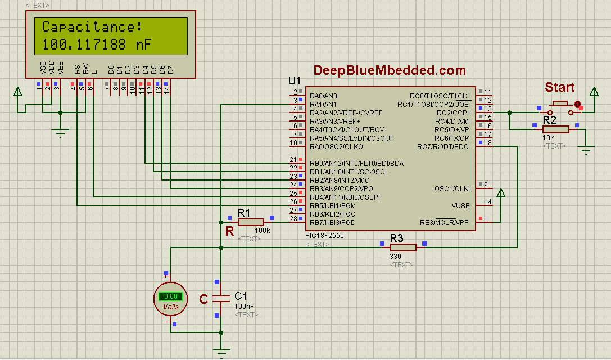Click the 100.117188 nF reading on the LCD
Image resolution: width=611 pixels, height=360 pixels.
[97, 45]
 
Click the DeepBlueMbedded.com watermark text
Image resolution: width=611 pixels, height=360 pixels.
[390, 70]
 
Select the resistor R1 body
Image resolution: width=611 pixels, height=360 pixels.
[251, 222]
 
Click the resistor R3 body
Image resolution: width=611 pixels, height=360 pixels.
[403, 247]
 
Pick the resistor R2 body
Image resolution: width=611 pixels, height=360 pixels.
[555, 129]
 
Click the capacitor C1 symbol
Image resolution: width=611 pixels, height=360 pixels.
[221, 298]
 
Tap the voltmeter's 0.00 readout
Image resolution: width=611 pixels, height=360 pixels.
[170, 296]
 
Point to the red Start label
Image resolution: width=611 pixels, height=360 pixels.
[559, 87]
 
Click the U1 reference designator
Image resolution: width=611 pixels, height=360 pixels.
[295, 80]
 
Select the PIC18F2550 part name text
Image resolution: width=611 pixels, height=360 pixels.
[325, 236]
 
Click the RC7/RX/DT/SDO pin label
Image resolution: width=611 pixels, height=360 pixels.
[442, 147]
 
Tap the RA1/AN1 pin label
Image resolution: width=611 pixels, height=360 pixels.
[323, 105]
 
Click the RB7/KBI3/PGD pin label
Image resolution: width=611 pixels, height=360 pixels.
[332, 223]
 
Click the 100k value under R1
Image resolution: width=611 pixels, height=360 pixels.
[262, 231]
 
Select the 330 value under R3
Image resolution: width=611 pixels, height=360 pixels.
[396, 256]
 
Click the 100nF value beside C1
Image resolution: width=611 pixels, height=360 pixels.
[244, 307]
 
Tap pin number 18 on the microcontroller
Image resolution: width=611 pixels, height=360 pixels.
[488, 143]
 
